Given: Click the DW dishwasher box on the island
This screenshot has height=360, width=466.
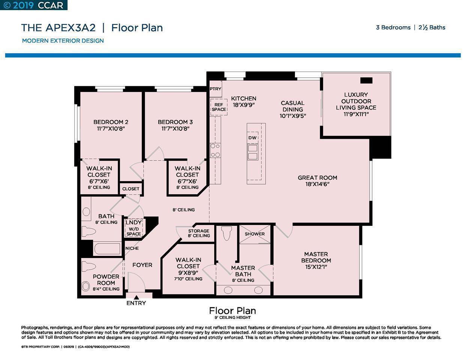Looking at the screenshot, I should tap(253, 138).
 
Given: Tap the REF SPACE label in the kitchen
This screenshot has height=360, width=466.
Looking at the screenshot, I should tap(219, 107).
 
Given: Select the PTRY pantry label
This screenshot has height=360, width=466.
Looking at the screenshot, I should tap(215, 89).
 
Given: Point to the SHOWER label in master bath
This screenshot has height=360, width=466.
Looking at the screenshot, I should tap(255, 234).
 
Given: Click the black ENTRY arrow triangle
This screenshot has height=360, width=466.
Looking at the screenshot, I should tap(136, 297).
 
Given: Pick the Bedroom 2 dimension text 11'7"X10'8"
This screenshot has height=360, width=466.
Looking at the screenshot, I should tap(111, 128).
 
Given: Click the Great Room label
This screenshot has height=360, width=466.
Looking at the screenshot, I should tap(317, 178).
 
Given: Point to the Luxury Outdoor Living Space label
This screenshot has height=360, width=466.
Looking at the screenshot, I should tap(356, 101).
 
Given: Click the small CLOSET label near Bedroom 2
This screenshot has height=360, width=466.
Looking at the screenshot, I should tap(131, 189).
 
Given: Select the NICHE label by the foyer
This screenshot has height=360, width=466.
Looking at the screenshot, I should tap(132, 248).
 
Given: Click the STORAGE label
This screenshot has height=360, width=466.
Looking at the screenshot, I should tap(198, 231).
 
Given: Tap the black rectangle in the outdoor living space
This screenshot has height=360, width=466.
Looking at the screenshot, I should tap(366, 80).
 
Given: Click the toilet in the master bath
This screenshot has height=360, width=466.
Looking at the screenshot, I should tap(226, 234).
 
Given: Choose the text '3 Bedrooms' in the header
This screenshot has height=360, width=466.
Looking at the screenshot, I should tap(393, 27).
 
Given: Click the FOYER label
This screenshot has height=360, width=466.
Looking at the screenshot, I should tap(142, 265).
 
